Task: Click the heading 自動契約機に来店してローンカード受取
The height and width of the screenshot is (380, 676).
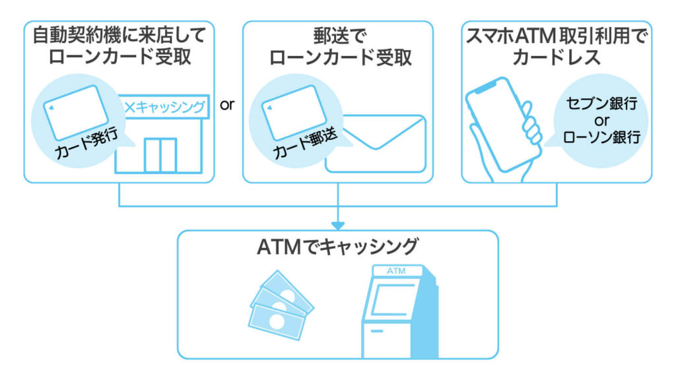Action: tap(119, 45)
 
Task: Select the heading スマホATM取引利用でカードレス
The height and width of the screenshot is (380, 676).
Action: tap(556, 45)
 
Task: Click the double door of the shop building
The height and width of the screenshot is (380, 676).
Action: tap(160, 154)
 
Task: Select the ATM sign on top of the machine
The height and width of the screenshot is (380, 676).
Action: tap(396, 271)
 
